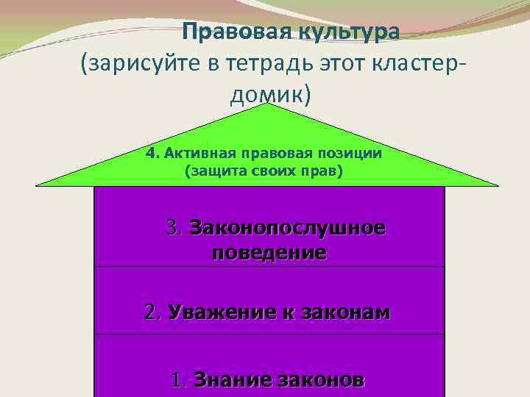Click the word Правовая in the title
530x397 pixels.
click(x=227, y=32)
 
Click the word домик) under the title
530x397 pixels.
click(x=267, y=96)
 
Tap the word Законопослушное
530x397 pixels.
click(x=286, y=228)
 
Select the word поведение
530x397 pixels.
click(x=269, y=254)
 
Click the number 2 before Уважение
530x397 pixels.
click(x=152, y=312)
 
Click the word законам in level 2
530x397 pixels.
click(x=342, y=312)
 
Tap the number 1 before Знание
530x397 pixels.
click(x=177, y=381)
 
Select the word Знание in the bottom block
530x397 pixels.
click(x=225, y=381)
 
